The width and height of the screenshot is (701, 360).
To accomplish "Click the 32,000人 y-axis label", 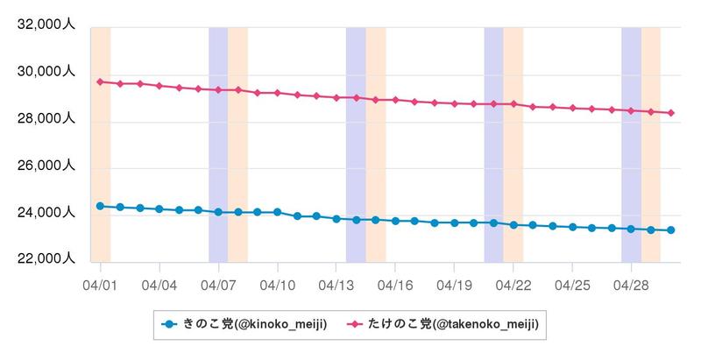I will pos(46,25).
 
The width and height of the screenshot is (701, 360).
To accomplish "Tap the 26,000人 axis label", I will pos(46,166).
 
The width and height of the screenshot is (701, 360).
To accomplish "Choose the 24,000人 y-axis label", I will pos(46,213).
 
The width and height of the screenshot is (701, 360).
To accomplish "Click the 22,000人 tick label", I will pos(46,259).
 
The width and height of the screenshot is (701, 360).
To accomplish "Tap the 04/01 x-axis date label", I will pos(100,286).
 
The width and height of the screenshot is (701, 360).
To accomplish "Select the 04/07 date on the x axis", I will pos(218,286).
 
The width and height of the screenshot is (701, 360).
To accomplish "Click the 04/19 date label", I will pos(454,286).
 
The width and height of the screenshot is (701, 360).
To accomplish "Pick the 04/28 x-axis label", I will pos(631,286).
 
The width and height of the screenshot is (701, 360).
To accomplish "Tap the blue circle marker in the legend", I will pos(169,325).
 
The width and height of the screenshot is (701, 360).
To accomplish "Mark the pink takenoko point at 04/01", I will pos(101,81).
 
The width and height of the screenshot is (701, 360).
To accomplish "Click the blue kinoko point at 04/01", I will pos(101,206).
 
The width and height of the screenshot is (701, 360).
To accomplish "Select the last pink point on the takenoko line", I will pos(670,113).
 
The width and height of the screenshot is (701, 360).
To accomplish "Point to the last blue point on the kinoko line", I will pos(670,230).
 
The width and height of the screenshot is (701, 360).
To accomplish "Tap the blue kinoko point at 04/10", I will pos(278,212).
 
